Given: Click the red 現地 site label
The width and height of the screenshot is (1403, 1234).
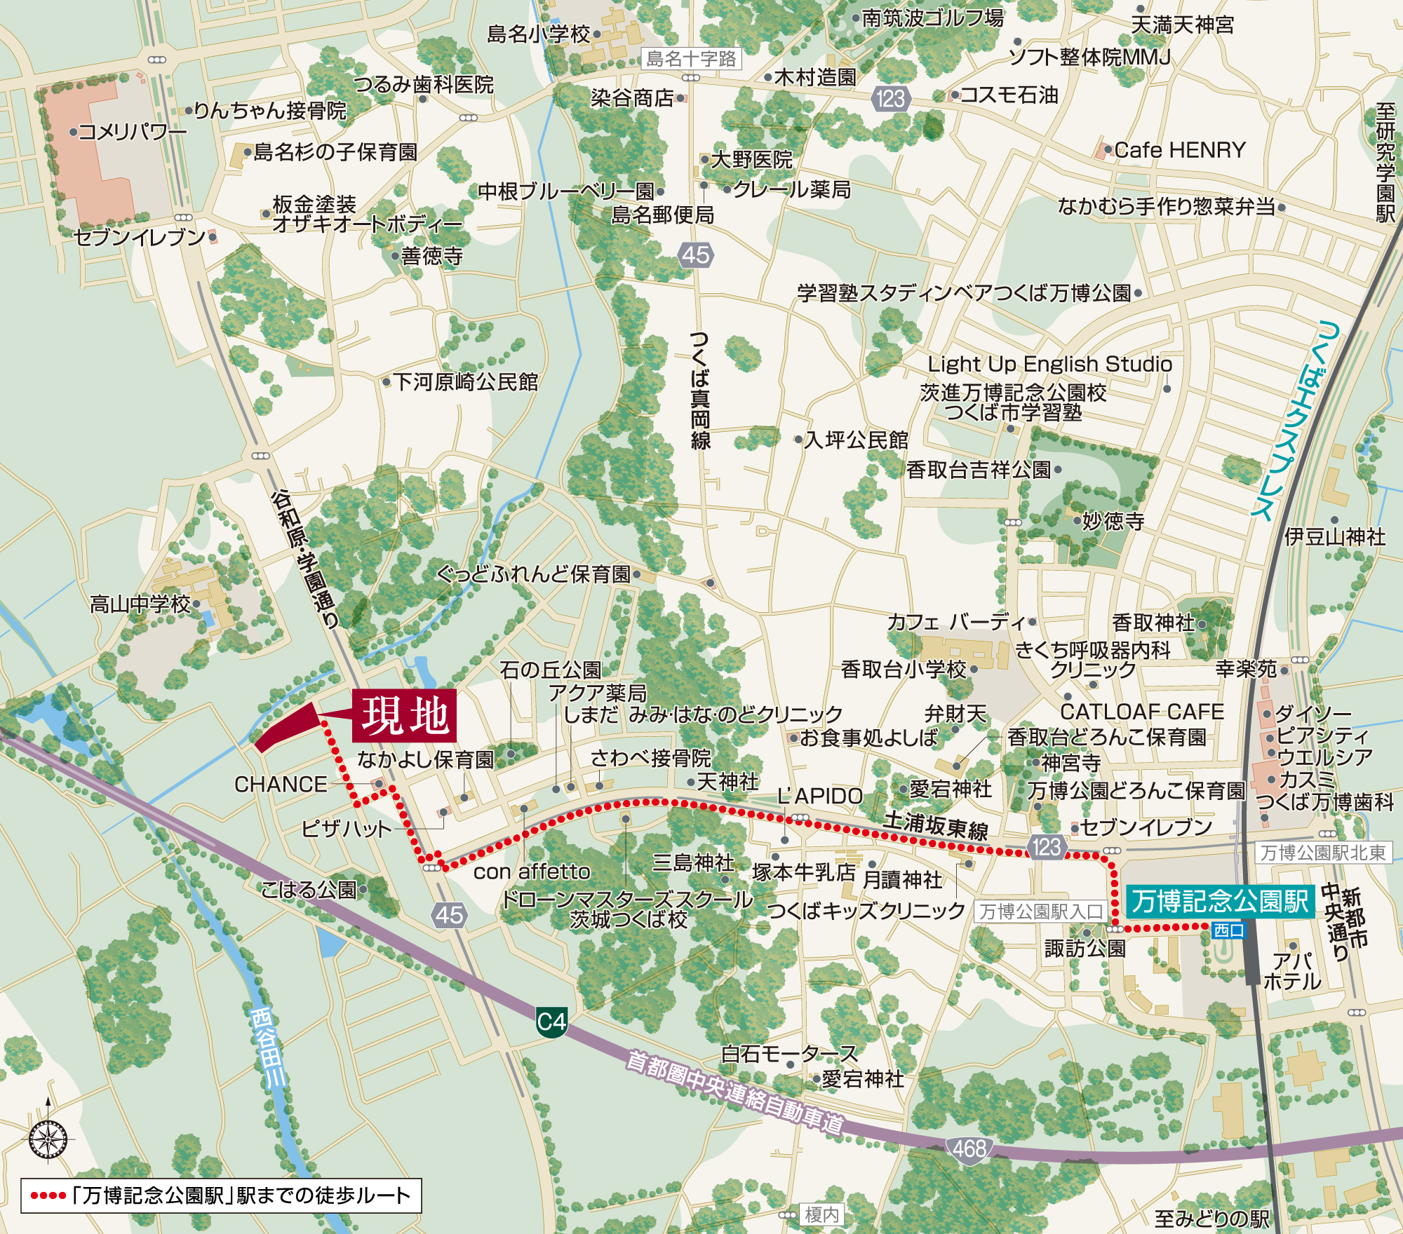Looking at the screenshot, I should [x=405, y=716].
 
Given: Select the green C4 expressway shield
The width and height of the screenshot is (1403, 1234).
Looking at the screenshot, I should [x=551, y=1022].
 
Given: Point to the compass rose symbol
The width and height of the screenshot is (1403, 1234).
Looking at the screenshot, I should [x=48, y=1139].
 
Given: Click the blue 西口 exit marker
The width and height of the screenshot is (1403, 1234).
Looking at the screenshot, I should [x=1228, y=930].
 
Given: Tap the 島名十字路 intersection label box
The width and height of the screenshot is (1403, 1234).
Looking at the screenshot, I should [x=691, y=59].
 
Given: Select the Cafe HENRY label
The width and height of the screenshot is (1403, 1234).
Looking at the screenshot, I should [x=1179, y=150].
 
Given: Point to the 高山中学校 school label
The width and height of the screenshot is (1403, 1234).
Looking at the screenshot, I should [x=140, y=604].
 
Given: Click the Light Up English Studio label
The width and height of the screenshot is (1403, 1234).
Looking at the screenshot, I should [x=1049, y=364].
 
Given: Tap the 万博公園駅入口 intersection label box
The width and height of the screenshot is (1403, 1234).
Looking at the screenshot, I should [x=1041, y=911].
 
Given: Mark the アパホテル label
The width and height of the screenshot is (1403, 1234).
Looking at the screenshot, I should [x=1292, y=970].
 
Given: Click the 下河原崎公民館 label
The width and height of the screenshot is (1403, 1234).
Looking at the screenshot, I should [x=464, y=382].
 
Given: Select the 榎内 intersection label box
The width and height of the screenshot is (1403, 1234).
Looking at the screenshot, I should [x=821, y=1214].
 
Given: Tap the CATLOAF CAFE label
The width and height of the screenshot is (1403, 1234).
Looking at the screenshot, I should [x=1141, y=712].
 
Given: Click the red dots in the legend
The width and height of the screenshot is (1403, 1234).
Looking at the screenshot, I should [x=48, y=1195].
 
